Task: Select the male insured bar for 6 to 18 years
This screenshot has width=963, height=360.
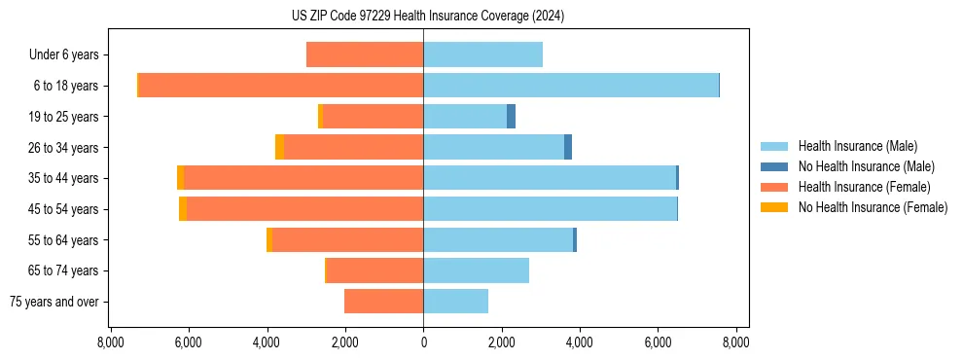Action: pos(570,86)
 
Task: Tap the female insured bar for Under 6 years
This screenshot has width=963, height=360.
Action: pos(365,54)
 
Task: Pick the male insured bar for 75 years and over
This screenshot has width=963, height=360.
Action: pos(455,302)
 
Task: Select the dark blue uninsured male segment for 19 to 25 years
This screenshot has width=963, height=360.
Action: pos(512,117)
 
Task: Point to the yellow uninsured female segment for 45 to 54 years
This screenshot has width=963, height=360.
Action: pos(182,209)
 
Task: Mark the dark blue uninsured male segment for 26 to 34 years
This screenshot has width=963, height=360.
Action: pos(568,147)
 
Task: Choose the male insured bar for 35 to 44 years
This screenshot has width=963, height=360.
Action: pos(550,178)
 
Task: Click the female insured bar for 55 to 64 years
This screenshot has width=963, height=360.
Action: pos(347,240)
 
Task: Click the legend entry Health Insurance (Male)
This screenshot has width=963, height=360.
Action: pos(857,146)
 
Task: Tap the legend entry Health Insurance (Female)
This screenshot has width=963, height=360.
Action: pos(864,187)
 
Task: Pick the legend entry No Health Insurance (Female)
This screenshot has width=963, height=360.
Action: pos(873,207)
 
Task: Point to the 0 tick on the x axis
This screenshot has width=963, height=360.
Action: pos(423,342)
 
